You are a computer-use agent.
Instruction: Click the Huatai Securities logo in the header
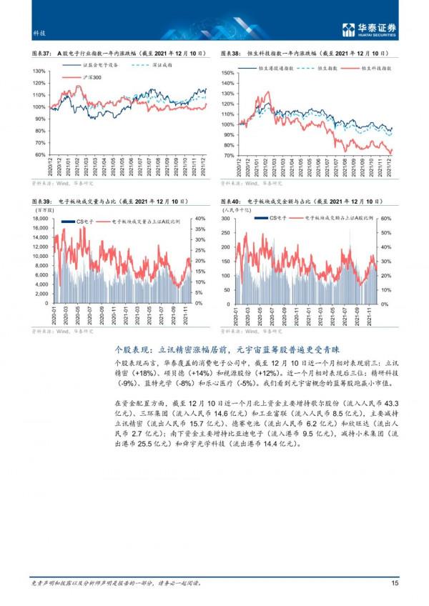pos(369,29)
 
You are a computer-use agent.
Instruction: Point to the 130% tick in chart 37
pos(40,71)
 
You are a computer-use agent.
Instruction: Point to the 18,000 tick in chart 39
pos(39,219)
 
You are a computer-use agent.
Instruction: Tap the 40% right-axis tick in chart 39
pos(200,219)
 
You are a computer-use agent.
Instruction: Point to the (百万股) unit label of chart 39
pos(43,210)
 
